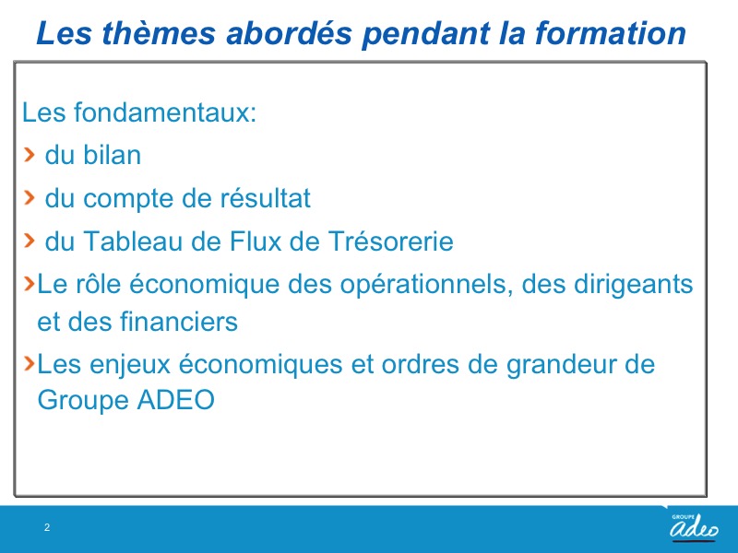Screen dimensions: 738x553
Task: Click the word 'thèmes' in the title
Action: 159,33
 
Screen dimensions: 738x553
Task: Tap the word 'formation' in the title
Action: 610,33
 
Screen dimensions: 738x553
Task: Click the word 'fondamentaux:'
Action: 165,112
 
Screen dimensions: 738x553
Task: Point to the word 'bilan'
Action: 112,155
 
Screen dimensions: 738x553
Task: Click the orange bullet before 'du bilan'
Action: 30,154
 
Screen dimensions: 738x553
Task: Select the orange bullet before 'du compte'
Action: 30,197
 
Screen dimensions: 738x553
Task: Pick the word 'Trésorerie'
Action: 390,241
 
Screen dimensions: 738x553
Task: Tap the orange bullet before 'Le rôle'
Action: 30,283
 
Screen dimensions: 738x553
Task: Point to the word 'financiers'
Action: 179,322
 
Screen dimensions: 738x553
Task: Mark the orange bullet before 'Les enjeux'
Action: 30,362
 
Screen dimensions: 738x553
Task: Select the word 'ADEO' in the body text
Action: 175,400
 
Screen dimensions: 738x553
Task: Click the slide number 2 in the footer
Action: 47,527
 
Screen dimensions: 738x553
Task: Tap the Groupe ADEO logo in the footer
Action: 694,527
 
